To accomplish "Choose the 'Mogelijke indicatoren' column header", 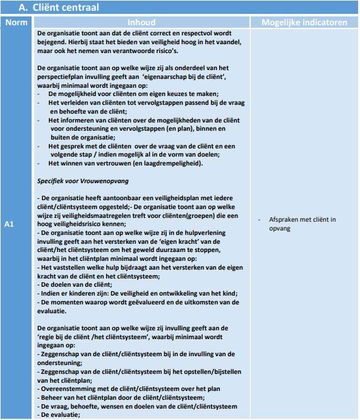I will click(304, 23).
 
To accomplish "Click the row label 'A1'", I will click(9, 224).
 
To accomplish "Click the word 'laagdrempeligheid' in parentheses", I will click(172, 164).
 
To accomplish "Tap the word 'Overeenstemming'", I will click(71, 389).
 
